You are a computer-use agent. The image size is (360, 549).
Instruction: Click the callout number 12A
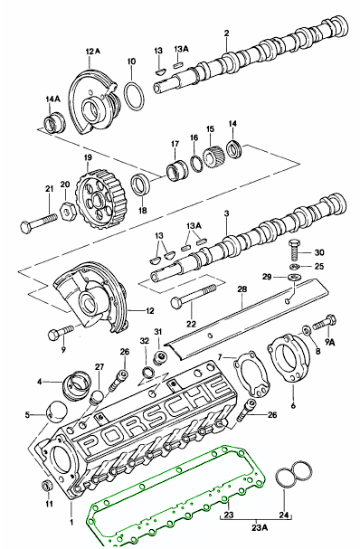click(x=92, y=52)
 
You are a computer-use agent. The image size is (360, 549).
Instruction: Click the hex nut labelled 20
click(x=67, y=210)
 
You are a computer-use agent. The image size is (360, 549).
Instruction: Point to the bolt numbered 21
click(x=39, y=222)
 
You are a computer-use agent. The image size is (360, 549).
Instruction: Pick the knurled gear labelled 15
click(x=213, y=156)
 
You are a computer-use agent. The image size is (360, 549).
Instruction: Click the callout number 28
click(x=242, y=289)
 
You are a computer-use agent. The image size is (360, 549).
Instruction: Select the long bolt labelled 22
click(x=193, y=297)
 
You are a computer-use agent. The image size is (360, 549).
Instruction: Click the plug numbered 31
click(x=161, y=357)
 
